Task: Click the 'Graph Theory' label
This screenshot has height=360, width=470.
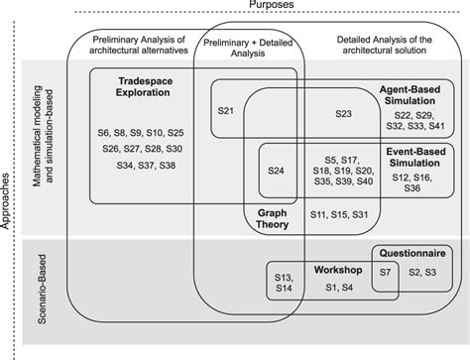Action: click(271, 221)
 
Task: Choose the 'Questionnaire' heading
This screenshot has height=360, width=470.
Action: click(412, 251)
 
